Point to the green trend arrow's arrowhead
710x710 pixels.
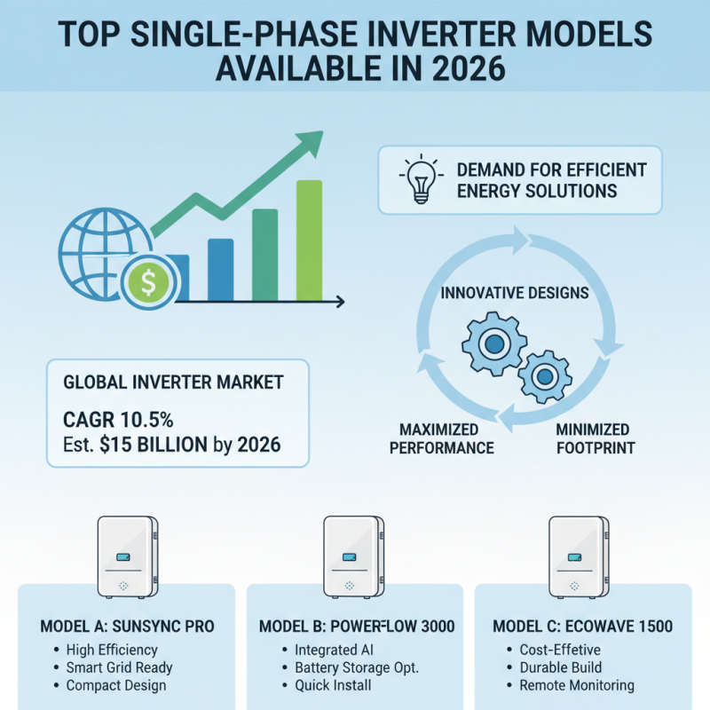[x=312, y=142]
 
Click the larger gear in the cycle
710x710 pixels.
[x=493, y=343]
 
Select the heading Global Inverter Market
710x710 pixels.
[x=173, y=383]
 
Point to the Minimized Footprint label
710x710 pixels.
[x=595, y=438]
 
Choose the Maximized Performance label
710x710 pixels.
[x=441, y=438]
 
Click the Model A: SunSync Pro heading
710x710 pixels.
[x=128, y=627]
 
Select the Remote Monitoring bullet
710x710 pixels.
[x=578, y=685]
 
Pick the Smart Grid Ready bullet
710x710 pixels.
[x=119, y=667]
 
